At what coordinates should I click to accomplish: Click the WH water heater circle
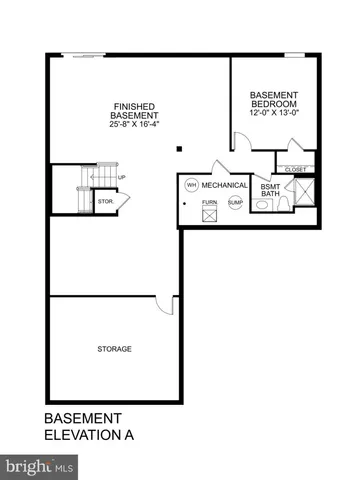(189, 184)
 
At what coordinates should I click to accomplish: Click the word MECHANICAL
(225, 186)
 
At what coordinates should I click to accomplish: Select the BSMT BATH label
(270, 189)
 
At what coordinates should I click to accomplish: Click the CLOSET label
(295, 169)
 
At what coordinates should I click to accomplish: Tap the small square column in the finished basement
(179, 150)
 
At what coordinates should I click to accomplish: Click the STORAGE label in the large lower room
(115, 348)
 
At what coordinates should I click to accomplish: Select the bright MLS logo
(40, 466)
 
